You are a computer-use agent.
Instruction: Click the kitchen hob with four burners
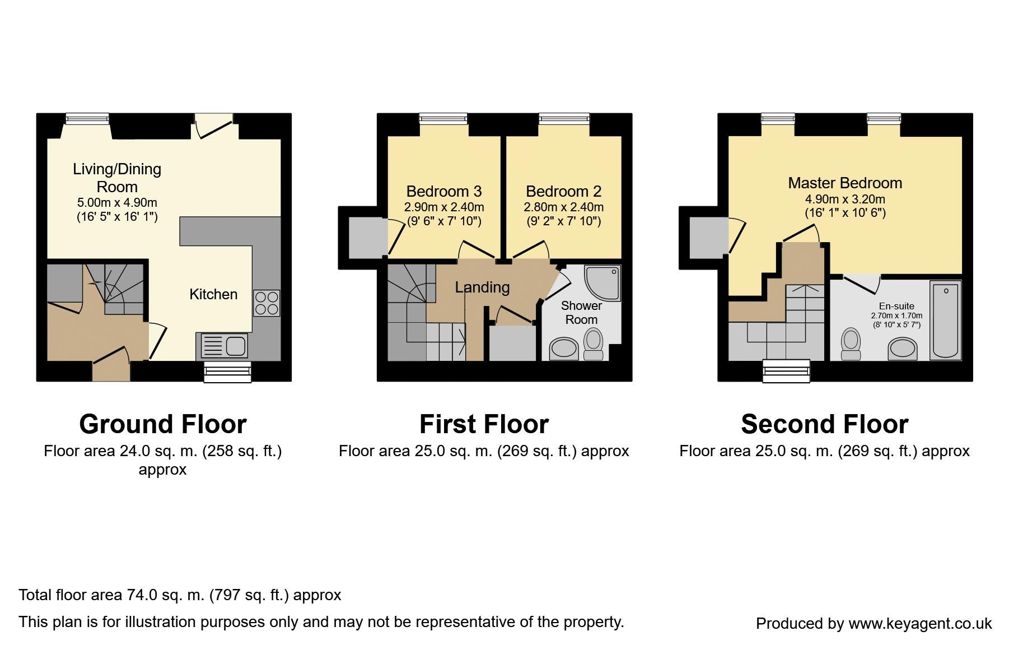click(267, 303)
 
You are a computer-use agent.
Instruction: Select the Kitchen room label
click(213, 294)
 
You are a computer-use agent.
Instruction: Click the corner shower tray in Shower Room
click(602, 283)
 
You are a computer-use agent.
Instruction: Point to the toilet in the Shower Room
click(593, 344)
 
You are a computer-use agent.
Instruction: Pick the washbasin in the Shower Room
click(563, 349)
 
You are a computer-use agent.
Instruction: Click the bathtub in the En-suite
click(946, 320)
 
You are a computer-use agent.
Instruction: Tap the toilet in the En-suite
click(851, 344)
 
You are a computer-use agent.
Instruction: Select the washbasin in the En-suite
click(903, 349)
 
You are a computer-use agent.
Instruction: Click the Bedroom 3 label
click(444, 192)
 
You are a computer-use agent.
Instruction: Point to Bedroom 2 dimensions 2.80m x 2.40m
click(564, 207)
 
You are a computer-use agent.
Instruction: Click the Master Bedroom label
click(845, 183)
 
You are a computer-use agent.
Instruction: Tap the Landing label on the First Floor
click(482, 287)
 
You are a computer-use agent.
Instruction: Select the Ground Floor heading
click(163, 424)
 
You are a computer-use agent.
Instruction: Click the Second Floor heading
click(824, 424)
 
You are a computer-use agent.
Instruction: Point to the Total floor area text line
click(180, 595)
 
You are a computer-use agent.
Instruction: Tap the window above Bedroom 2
click(564, 118)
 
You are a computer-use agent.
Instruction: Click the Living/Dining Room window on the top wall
click(87, 118)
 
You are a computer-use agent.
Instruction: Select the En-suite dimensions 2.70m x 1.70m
click(896, 316)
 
